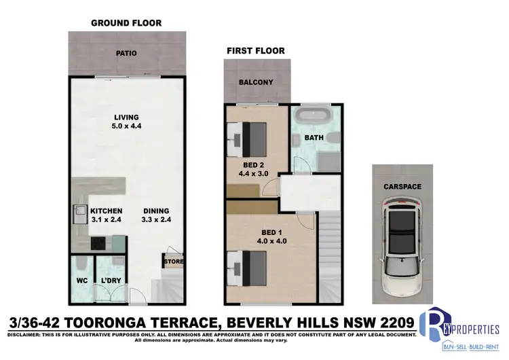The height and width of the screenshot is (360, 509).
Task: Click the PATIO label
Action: [126, 52]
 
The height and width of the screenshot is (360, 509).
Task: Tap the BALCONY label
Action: [256, 83]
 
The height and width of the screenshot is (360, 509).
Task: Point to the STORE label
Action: [172, 261]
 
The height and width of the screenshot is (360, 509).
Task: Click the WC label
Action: [81, 280]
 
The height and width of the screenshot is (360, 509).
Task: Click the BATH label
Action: [314, 138]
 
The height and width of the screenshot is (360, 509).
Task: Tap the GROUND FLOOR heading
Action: [126, 23]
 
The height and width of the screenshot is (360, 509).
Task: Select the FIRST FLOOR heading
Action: [256, 50]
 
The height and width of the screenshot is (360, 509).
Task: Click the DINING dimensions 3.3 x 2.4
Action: [156, 220]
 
